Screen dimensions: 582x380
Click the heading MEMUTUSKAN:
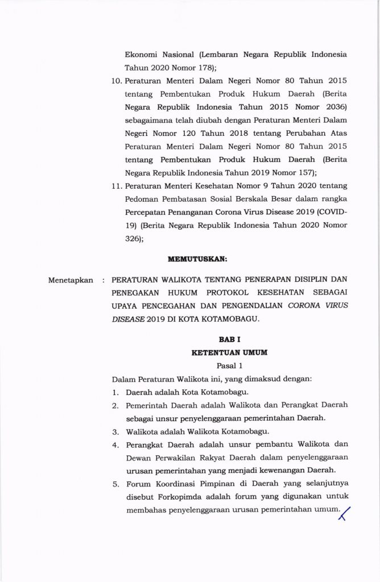coord(197,259)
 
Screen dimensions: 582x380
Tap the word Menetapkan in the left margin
coord(71,280)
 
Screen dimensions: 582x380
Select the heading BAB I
coord(229,339)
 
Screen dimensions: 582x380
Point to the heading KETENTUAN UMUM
coord(229,352)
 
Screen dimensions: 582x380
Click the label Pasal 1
coord(229,365)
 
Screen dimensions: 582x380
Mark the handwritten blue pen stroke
coord(344,513)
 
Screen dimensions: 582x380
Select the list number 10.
coord(116,81)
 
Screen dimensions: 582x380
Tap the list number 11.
coord(116,186)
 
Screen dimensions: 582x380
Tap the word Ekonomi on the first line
coord(144,55)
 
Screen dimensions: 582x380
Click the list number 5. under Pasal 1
coord(115,484)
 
